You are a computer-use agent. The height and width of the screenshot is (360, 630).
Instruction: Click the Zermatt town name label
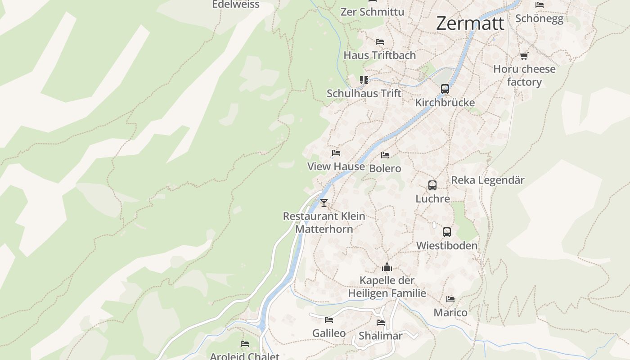pos(470,23)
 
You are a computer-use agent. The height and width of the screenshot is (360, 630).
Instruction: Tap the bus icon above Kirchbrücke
pos(445,89)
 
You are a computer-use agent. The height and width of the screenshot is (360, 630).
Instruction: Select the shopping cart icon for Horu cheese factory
pos(524,56)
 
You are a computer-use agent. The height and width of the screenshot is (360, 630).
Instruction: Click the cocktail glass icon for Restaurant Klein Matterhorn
pos(324,202)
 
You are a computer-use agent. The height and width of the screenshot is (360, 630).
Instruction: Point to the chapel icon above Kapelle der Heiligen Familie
pos(387,267)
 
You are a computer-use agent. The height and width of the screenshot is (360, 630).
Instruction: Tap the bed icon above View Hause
pos(336,153)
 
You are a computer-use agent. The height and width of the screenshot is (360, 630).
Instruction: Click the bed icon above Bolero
pos(385,155)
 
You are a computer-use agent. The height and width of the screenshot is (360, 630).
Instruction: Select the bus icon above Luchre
pos(432,185)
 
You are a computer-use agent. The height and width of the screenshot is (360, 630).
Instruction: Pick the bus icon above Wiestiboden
pos(446,232)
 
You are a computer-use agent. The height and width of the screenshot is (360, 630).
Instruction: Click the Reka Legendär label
pos(488,180)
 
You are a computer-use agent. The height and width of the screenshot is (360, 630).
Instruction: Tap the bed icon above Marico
pos(450,299)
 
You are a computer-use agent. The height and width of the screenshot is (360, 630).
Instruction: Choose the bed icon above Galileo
pos(329,320)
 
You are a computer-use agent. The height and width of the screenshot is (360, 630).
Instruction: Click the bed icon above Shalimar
pos(381,323)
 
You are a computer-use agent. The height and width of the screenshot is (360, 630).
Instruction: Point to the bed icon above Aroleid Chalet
pos(245,344)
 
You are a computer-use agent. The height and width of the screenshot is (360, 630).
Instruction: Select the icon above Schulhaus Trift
pos(364,80)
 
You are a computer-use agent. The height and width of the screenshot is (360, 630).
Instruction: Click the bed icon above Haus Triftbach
pos(380,42)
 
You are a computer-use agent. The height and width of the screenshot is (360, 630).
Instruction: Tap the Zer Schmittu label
pos(372,12)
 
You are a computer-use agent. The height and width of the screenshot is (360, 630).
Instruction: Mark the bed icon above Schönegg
pos(540,5)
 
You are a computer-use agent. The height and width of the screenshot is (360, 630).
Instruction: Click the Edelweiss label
pos(236,4)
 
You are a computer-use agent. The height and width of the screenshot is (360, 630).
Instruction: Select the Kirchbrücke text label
pos(445,103)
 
